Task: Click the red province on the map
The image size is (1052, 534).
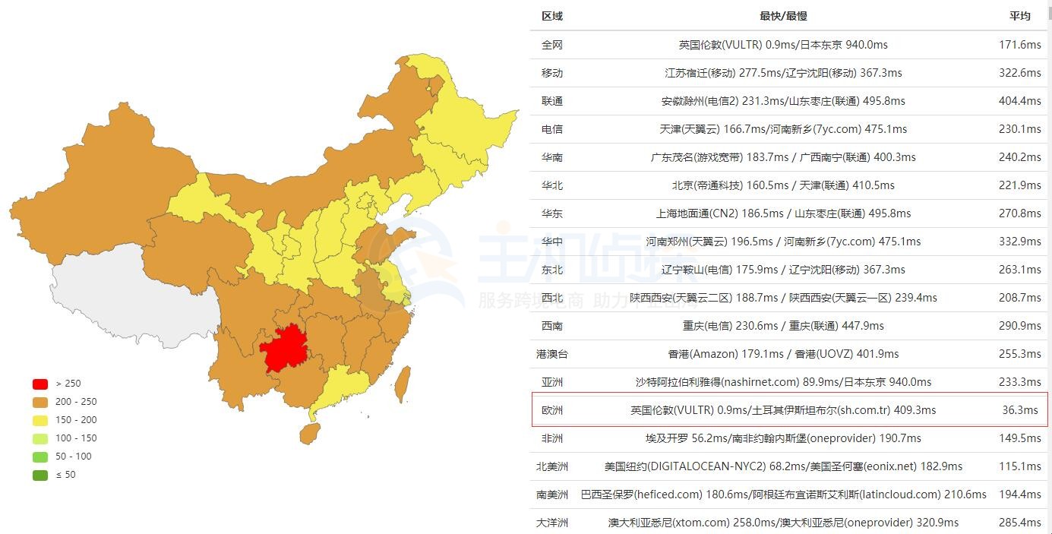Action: (x=289, y=349)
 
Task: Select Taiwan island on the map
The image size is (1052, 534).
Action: (x=403, y=384)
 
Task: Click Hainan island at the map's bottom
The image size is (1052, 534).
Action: (x=309, y=434)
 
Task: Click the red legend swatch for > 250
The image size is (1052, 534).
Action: (x=40, y=384)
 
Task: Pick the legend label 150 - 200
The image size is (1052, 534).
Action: (x=76, y=420)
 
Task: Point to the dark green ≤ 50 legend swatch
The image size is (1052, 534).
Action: (x=40, y=475)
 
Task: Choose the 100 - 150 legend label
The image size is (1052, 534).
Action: (x=76, y=438)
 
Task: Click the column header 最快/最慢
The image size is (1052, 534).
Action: (x=783, y=16)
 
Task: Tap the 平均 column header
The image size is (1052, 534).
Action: (x=1019, y=16)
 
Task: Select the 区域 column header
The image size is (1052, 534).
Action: (x=552, y=16)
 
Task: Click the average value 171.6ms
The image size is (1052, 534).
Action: (x=1019, y=45)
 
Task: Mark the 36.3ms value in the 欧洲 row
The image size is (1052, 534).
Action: (x=1019, y=410)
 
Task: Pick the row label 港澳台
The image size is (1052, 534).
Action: (x=552, y=354)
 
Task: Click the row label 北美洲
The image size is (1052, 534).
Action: (x=552, y=466)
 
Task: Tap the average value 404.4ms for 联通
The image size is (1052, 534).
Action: (x=1019, y=101)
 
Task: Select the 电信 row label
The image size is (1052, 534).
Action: (x=552, y=129)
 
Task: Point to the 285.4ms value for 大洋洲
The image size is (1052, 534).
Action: (x=1019, y=523)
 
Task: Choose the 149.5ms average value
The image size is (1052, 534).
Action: (x=1019, y=438)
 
